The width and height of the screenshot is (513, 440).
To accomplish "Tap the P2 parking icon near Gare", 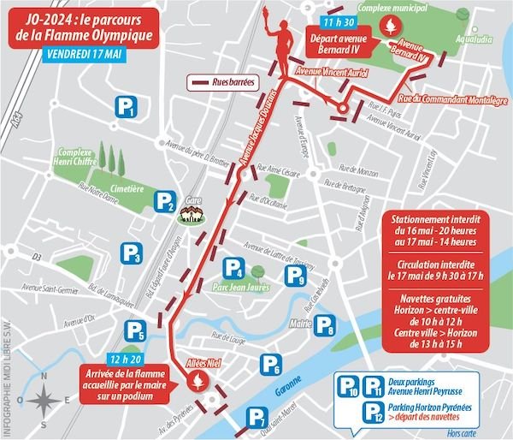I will [165, 202].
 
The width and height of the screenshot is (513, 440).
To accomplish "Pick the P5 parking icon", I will [135, 330].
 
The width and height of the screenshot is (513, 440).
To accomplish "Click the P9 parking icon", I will [295, 275].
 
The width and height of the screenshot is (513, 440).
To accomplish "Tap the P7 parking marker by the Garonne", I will [256, 418].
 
